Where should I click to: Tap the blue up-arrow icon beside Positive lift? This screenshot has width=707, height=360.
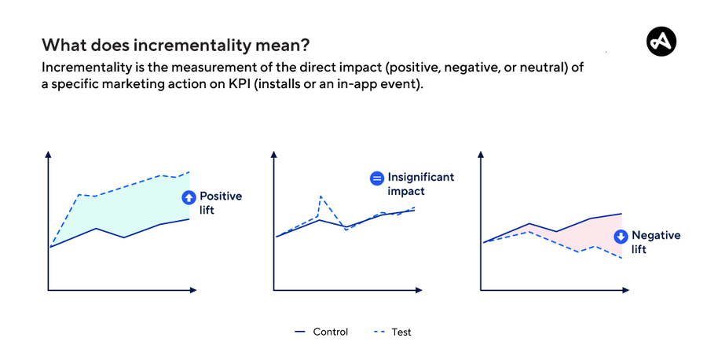coord(188,198)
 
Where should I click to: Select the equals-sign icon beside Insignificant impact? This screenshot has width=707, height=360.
coord(376,178)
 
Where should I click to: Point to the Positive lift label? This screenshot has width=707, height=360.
coord(220,204)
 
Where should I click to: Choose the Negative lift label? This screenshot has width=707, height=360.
coord(655,242)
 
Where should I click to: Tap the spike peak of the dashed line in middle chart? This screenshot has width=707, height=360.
coord(321,196)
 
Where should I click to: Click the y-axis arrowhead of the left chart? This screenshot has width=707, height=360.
coord(49,153)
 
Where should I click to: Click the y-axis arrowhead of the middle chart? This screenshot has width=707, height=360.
coord(273,153)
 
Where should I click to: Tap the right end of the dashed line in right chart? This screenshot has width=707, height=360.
coord(621,258)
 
